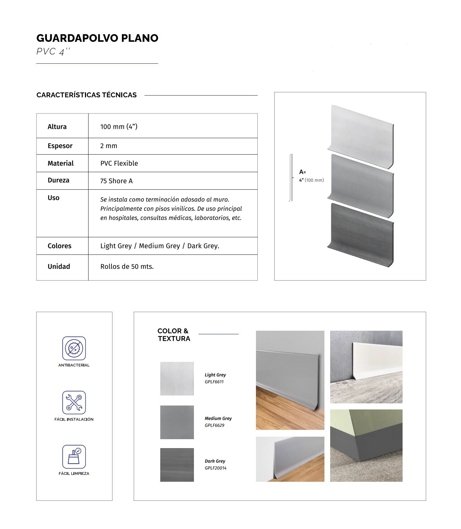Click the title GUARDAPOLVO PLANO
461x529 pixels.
[x=97, y=38]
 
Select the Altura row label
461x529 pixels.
[x=57, y=127]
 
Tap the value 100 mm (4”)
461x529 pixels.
[x=119, y=127]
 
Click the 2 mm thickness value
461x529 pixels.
[x=109, y=146]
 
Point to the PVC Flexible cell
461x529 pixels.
[x=119, y=164]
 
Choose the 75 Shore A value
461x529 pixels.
[x=116, y=181]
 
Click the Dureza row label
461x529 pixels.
[x=58, y=180]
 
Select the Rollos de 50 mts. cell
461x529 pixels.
[x=127, y=267]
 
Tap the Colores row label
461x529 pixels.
[x=60, y=246]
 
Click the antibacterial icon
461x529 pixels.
[x=74, y=348]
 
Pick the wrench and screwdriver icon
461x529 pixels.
[x=74, y=402]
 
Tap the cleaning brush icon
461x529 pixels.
[x=74, y=457]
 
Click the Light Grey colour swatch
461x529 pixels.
[x=177, y=379]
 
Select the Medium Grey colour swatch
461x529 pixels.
[x=177, y=422]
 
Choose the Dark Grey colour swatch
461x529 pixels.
[x=177, y=465]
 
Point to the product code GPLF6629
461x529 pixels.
[x=214, y=426]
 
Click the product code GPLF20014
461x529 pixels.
[x=215, y=468]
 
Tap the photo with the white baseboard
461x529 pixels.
[x=366, y=367]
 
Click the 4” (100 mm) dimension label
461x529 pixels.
[x=311, y=180]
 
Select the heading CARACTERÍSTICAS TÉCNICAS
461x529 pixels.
[x=86, y=95]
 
